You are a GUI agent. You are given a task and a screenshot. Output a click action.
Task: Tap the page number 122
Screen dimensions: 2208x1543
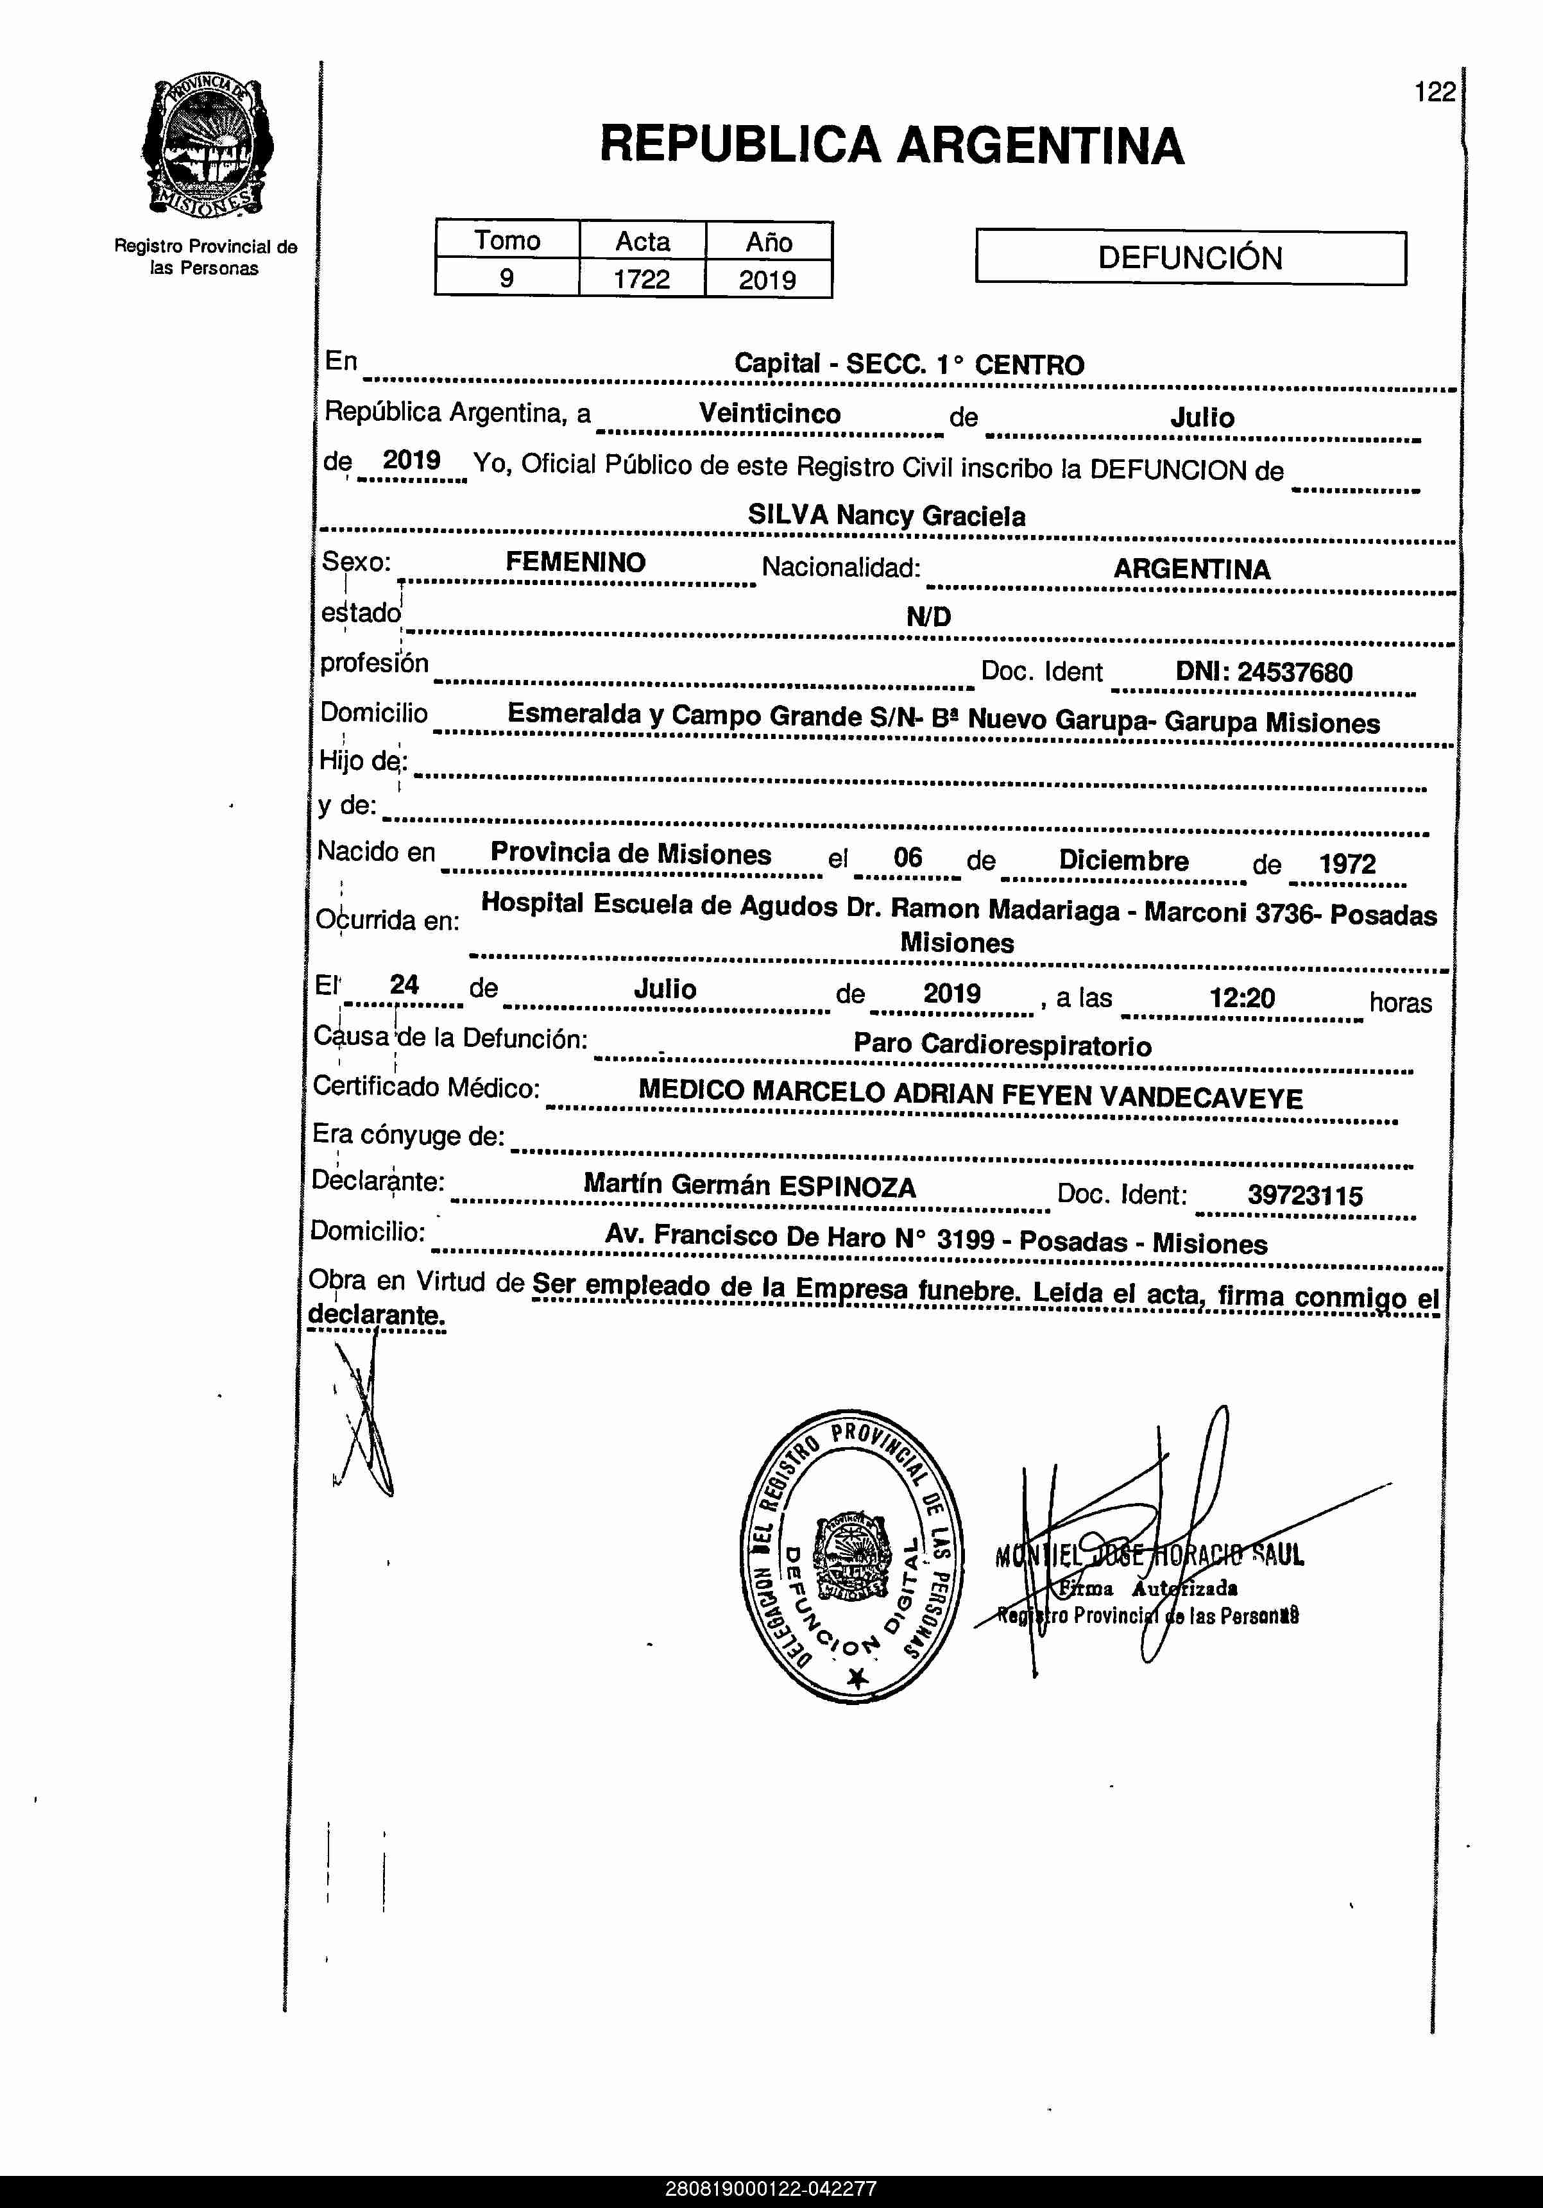pyautogui.click(x=1435, y=92)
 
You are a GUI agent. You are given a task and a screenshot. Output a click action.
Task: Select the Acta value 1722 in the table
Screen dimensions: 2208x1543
pyautogui.click(x=642, y=279)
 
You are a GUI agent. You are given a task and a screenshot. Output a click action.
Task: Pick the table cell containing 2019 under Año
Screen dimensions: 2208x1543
pyautogui.click(x=768, y=280)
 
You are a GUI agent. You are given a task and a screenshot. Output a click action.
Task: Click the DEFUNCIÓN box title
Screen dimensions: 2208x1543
pyautogui.click(x=1190, y=258)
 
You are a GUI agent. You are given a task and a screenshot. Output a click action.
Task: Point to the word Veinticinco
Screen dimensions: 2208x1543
pyautogui.click(x=770, y=414)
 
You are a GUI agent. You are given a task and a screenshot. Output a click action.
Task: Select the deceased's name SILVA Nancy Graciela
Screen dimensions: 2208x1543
pyautogui.click(x=886, y=516)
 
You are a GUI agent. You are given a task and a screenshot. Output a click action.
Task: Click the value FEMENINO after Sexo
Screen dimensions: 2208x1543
pyautogui.click(x=575, y=563)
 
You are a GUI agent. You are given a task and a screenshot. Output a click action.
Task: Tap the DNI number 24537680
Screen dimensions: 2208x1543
pyautogui.click(x=1294, y=672)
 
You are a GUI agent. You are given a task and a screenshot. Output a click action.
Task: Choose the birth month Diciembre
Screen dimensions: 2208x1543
pyautogui.click(x=1123, y=861)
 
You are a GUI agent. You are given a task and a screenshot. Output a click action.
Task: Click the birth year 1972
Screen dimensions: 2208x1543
pyautogui.click(x=1347, y=863)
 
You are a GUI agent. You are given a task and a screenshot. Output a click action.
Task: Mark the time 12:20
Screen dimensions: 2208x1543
pyautogui.click(x=1242, y=998)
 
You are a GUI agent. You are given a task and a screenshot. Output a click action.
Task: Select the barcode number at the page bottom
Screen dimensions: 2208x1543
pyautogui.click(x=771, y=2189)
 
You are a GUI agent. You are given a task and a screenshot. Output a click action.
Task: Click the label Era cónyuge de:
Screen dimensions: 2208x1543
pyautogui.click(x=408, y=1135)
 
